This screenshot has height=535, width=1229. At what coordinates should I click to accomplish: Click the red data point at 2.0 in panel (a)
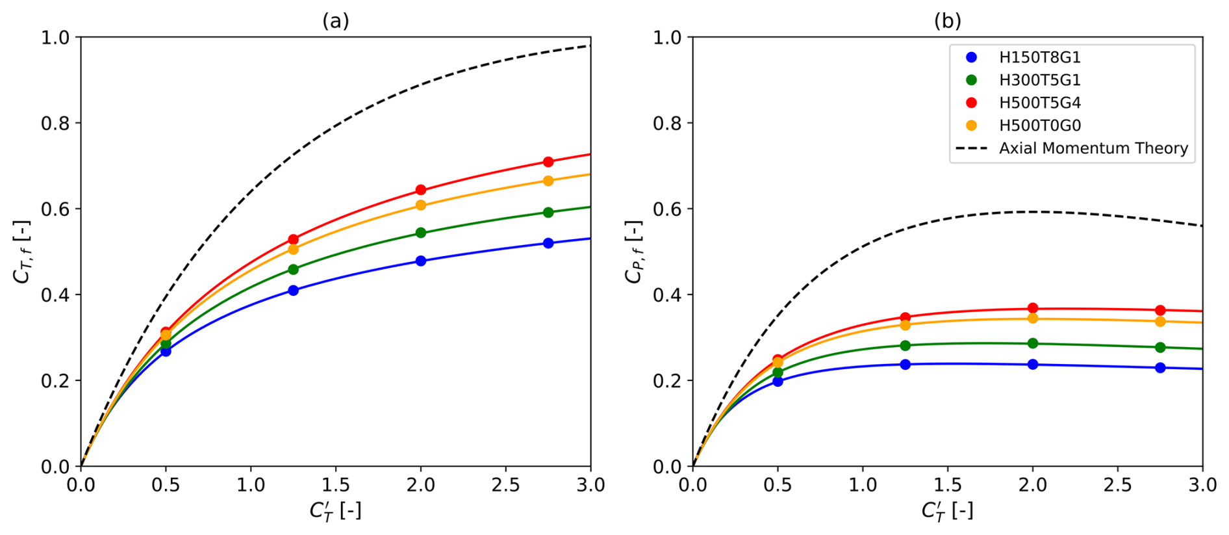(x=421, y=190)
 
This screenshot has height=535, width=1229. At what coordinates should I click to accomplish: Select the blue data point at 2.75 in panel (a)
(x=548, y=243)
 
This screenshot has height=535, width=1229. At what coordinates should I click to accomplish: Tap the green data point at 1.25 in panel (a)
(x=293, y=269)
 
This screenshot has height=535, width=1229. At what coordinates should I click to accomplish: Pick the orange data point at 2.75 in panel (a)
(x=548, y=181)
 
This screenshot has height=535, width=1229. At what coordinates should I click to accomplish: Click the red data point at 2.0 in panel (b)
(x=1033, y=308)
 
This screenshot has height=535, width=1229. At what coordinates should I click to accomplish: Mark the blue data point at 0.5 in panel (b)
(x=778, y=382)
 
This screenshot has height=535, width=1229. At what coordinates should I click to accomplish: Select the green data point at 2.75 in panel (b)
(x=1160, y=348)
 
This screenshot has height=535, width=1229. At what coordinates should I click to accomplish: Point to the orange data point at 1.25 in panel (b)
(x=906, y=325)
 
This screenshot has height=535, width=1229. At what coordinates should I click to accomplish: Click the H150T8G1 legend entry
(x=1039, y=57)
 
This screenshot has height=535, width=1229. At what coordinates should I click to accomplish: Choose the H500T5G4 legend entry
(x=1039, y=103)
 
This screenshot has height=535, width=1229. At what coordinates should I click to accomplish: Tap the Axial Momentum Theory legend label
(x=1093, y=148)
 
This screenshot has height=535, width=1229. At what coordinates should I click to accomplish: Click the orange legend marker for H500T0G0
(x=972, y=125)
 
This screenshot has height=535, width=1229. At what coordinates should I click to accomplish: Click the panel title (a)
(x=336, y=21)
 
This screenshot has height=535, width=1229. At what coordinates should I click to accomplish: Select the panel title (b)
(x=948, y=21)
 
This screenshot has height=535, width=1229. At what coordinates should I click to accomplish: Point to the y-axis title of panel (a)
(x=22, y=252)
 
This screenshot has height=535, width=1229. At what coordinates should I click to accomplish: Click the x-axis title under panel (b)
(x=948, y=511)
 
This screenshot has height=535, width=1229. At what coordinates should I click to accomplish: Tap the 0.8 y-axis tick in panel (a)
(x=55, y=123)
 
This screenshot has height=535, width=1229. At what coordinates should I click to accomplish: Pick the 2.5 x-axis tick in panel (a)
(x=505, y=485)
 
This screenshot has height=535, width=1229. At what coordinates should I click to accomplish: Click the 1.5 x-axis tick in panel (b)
(x=948, y=485)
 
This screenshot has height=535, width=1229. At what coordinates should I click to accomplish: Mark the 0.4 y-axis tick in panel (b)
(x=667, y=294)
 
